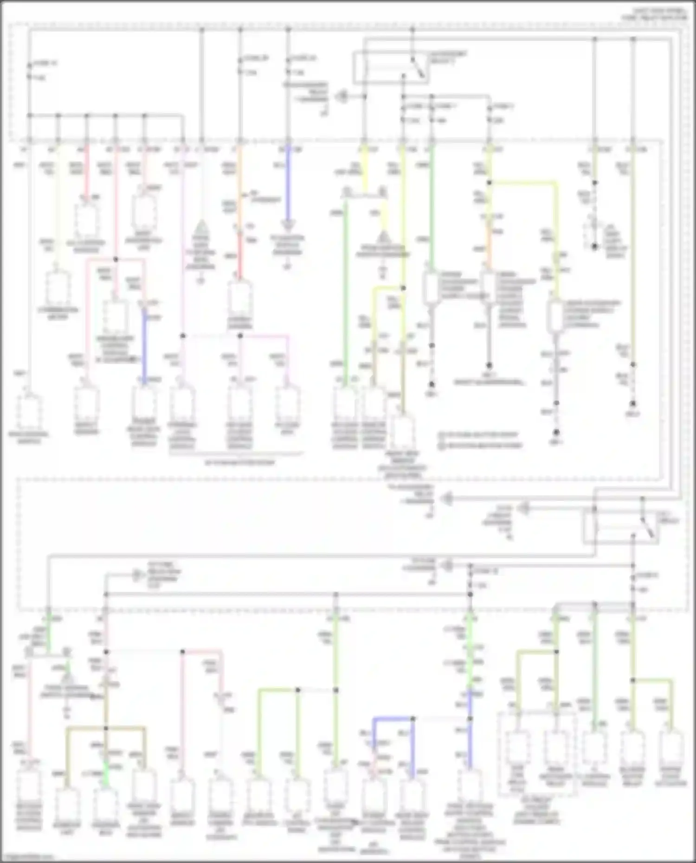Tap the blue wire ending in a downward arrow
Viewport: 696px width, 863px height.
click(x=288, y=185)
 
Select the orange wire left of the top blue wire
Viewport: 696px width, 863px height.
click(x=239, y=185)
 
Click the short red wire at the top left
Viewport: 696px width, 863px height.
click(x=86, y=172)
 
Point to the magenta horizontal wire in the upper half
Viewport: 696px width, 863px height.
click(x=264, y=336)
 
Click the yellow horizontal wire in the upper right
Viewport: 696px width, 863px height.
click(x=522, y=183)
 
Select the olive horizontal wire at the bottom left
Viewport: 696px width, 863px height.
click(x=106, y=729)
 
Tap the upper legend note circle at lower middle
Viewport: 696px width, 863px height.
click(x=443, y=435)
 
